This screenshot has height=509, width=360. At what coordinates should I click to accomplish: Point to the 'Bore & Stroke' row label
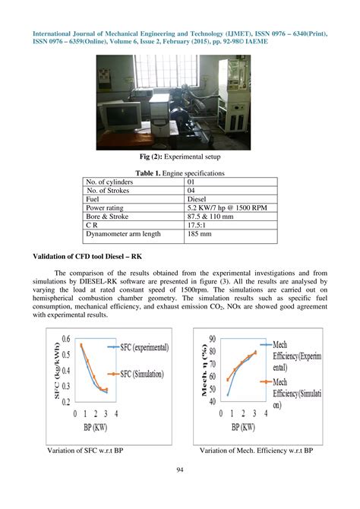coord(110,217)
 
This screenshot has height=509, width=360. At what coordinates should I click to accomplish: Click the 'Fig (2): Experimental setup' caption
coord(179,158)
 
